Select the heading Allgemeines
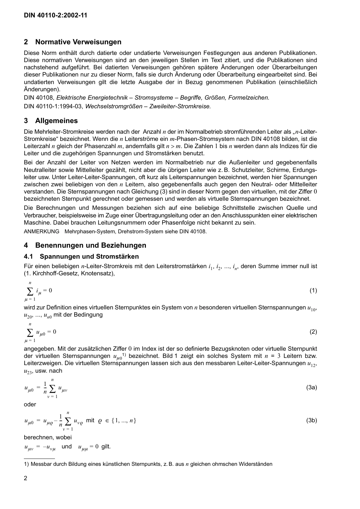[56, 121]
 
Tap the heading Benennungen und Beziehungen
[91, 245]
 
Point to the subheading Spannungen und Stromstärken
[89, 257]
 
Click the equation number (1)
[313, 290]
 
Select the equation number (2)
[313, 332]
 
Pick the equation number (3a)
[311, 387]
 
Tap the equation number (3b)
[311, 420]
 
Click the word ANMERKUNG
[41, 231]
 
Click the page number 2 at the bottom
[25, 478]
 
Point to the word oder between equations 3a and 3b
[30, 404]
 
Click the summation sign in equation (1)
[30, 291]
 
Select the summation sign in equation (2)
[30, 332]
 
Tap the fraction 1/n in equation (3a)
[45, 388]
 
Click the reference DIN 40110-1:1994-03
[53, 106]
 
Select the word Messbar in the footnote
[40, 464]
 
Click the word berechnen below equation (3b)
[38, 437]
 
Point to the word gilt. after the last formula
[106, 447]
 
